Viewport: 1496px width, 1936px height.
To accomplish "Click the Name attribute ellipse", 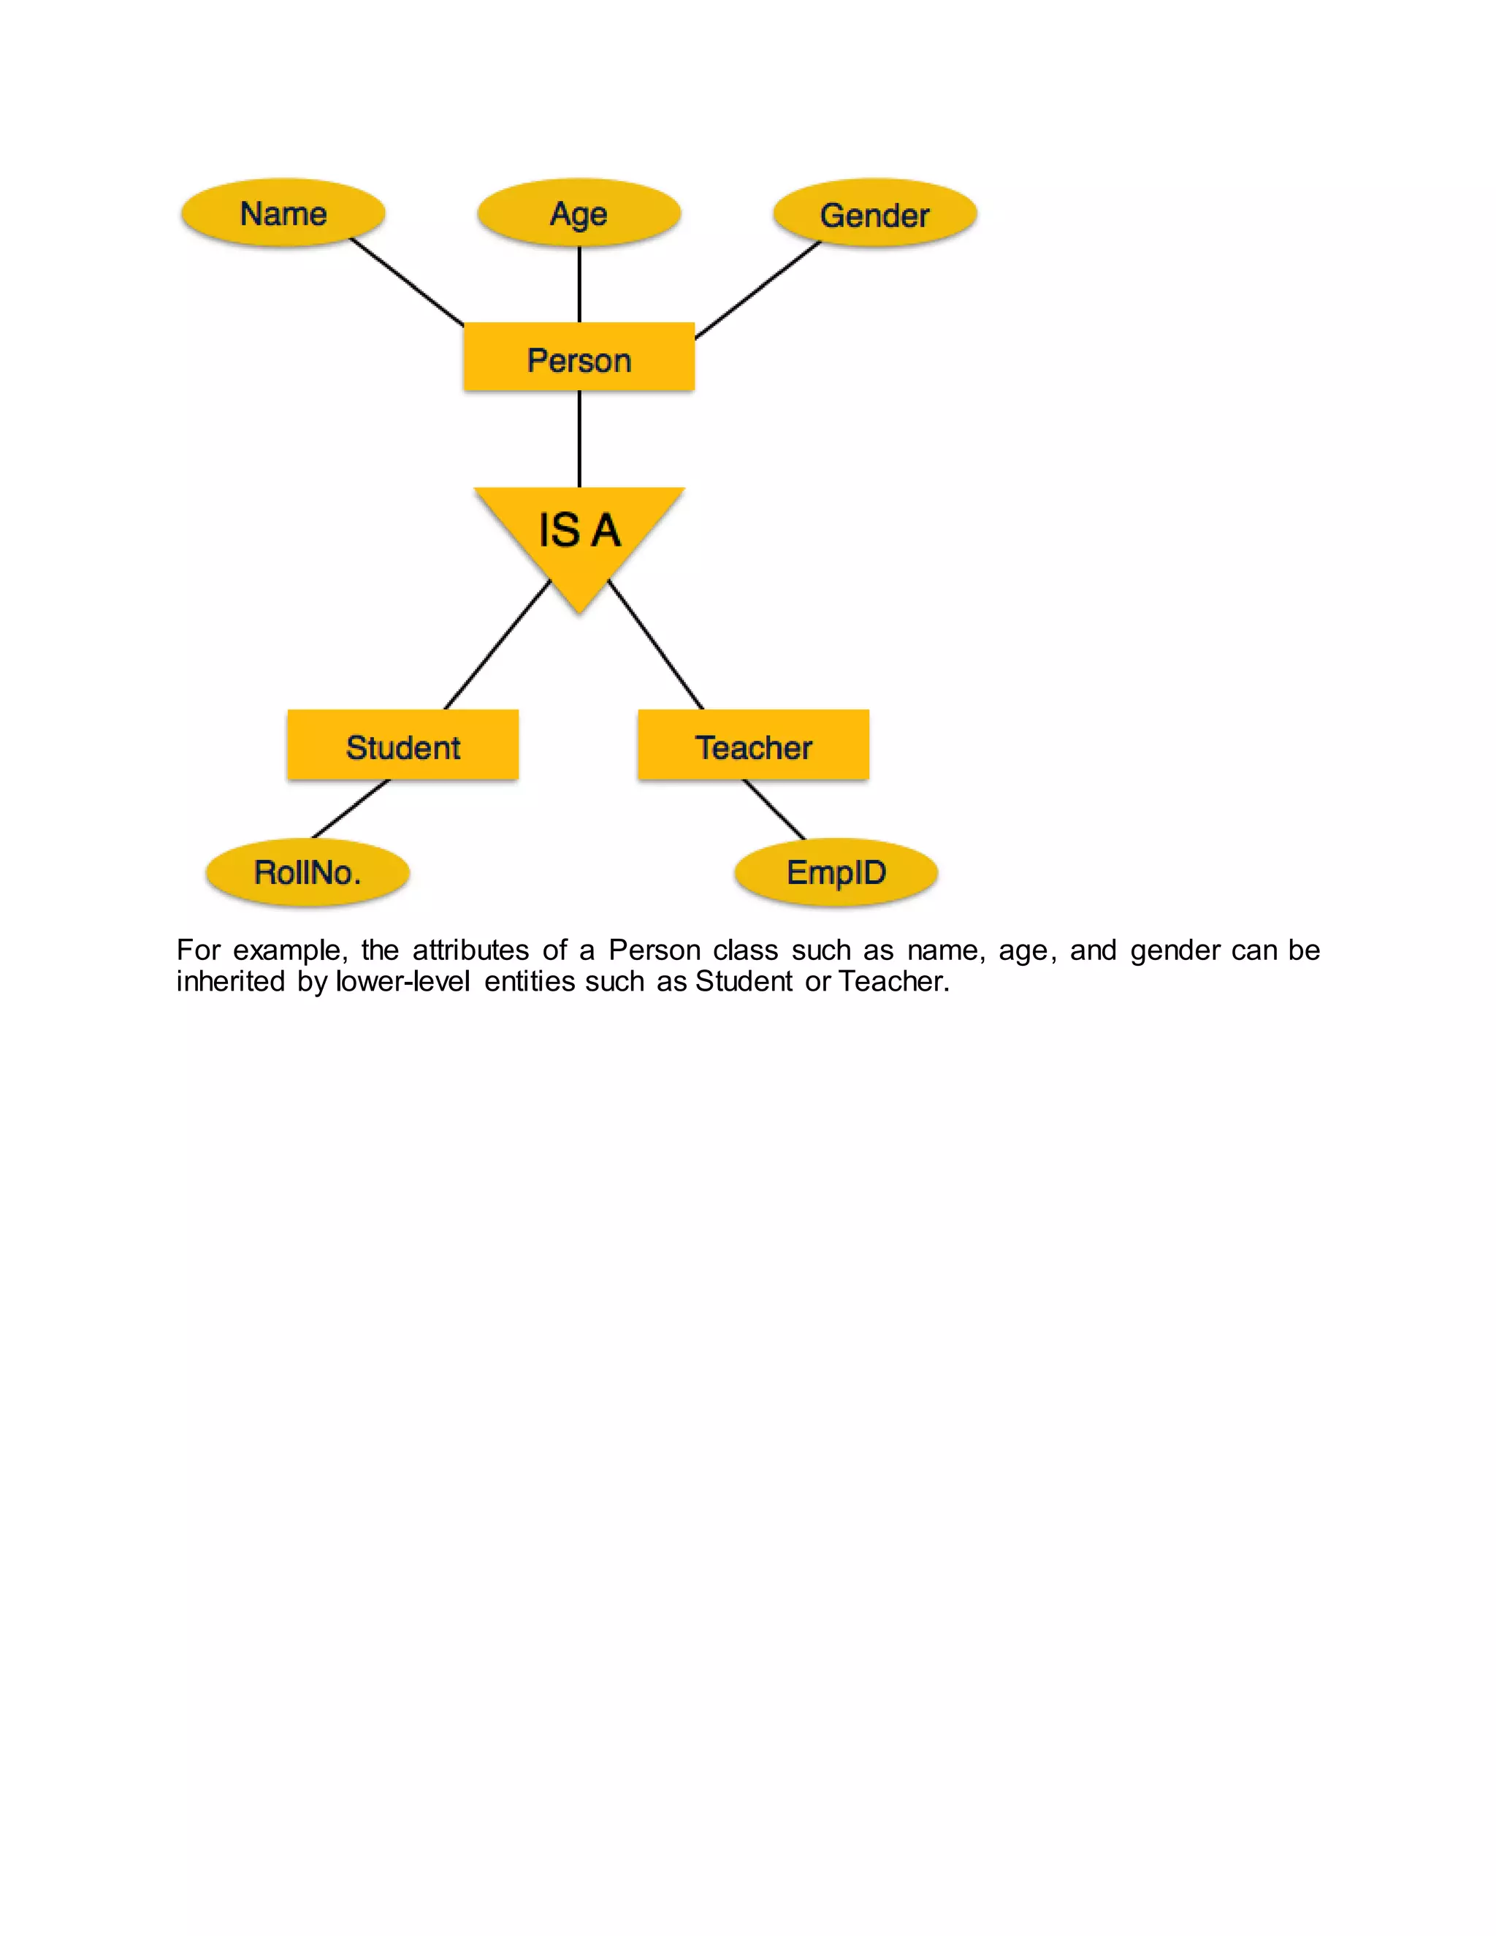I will point(283,213).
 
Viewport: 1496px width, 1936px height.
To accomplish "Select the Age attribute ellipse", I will point(579,213).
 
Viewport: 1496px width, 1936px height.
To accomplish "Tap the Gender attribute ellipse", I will point(874,215).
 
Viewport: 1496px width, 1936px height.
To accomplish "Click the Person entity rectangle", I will point(579,358).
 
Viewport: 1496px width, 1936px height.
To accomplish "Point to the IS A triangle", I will point(579,532).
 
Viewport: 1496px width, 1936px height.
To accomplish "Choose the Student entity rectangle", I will point(402,745).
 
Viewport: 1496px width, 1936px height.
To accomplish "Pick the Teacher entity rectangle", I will point(753,745).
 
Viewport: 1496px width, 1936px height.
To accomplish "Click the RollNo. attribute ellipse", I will point(308,872).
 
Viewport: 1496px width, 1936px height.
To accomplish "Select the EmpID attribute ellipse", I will point(836,872).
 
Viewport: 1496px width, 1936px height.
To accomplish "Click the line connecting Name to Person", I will point(407,281).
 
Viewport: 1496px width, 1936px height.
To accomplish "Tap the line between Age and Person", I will point(579,283).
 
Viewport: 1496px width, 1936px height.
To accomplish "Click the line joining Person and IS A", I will point(579,439).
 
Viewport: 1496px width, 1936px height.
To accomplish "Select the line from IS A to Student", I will point(497,645).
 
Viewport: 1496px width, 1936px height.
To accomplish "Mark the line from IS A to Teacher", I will point(656,645).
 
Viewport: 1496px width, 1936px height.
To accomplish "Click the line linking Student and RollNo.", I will point(351,809).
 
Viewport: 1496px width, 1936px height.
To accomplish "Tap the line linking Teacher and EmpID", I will point(774,809).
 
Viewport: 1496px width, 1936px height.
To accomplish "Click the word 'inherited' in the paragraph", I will point(230,981).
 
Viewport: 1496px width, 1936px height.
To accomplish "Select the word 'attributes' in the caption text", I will point(470,950).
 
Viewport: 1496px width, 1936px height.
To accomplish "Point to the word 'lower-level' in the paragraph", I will point(403,981).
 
